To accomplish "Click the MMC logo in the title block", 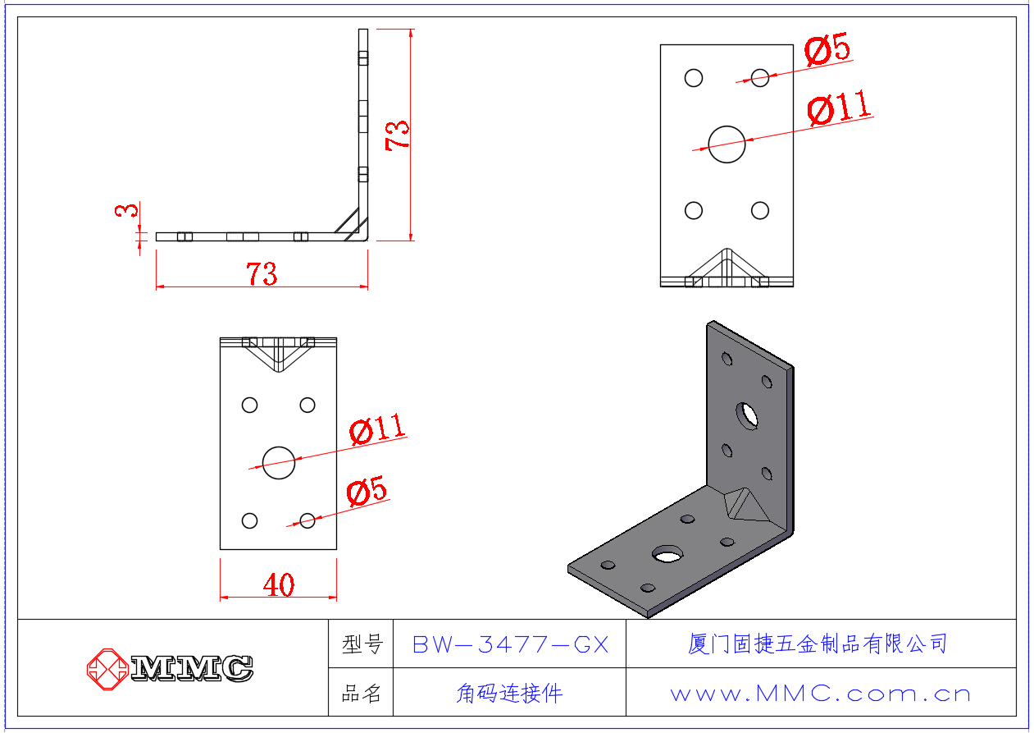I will coord(171,667).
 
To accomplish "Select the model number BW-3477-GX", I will coord(510,645).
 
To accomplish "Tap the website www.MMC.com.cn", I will coord(820,694).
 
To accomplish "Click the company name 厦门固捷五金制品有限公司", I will coord(818,644).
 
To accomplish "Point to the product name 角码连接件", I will coord(509,694).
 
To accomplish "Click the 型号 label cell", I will coord(362,645).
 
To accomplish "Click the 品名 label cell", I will coord(362,694).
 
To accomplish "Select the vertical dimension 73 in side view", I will coord(399,135).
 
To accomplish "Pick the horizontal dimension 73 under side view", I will coord(262,274).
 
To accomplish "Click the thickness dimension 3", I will coord(126,211).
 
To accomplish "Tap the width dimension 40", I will coord(279,585).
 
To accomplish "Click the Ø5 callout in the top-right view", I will coord(827,51).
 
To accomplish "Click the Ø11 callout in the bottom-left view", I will coord(377,428).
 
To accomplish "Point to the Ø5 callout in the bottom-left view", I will coord(367,491).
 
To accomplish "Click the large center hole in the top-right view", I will coord(727,144).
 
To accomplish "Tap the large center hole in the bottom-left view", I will coord(279,463).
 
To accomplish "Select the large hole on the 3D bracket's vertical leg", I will coord(747,415).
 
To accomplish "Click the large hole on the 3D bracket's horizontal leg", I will coord(667,554).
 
